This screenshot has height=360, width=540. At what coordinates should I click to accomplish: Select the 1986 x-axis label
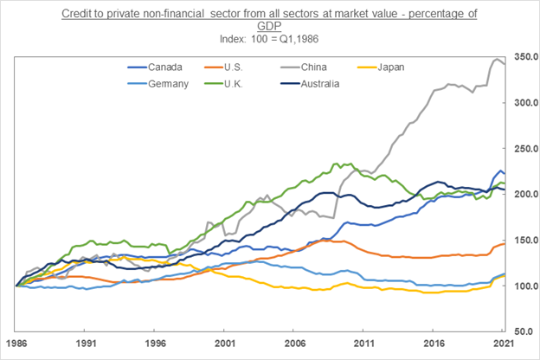[16, 344]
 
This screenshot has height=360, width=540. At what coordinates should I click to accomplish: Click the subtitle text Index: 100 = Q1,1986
[270, 38]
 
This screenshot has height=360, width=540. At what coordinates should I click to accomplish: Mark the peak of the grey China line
[497, 59]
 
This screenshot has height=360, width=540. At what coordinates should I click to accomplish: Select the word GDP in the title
[270, 26]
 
